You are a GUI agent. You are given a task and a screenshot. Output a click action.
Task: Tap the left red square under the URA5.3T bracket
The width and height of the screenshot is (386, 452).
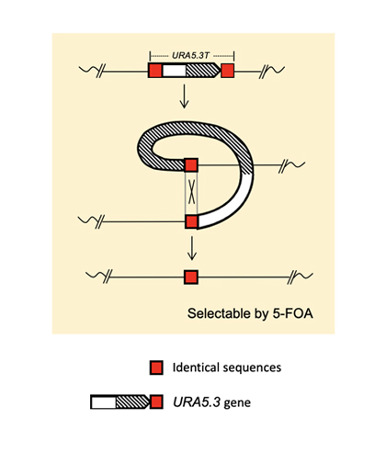point(155,70)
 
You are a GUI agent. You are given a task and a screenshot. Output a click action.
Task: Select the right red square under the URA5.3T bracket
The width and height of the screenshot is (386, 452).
point(229,70)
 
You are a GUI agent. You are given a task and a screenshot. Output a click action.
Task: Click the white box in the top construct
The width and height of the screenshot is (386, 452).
point(174,70)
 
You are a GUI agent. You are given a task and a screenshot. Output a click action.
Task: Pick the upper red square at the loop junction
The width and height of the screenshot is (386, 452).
point(191,165)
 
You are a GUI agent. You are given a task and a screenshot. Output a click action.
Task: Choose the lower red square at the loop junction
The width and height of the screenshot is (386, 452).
point(191,221)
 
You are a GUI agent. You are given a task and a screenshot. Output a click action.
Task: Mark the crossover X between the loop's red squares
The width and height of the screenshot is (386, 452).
point(191,193)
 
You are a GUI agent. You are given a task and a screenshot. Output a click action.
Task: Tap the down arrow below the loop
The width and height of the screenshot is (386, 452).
point(191,246)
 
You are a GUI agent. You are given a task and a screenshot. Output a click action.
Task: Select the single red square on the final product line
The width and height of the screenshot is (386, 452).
point(191,277)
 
